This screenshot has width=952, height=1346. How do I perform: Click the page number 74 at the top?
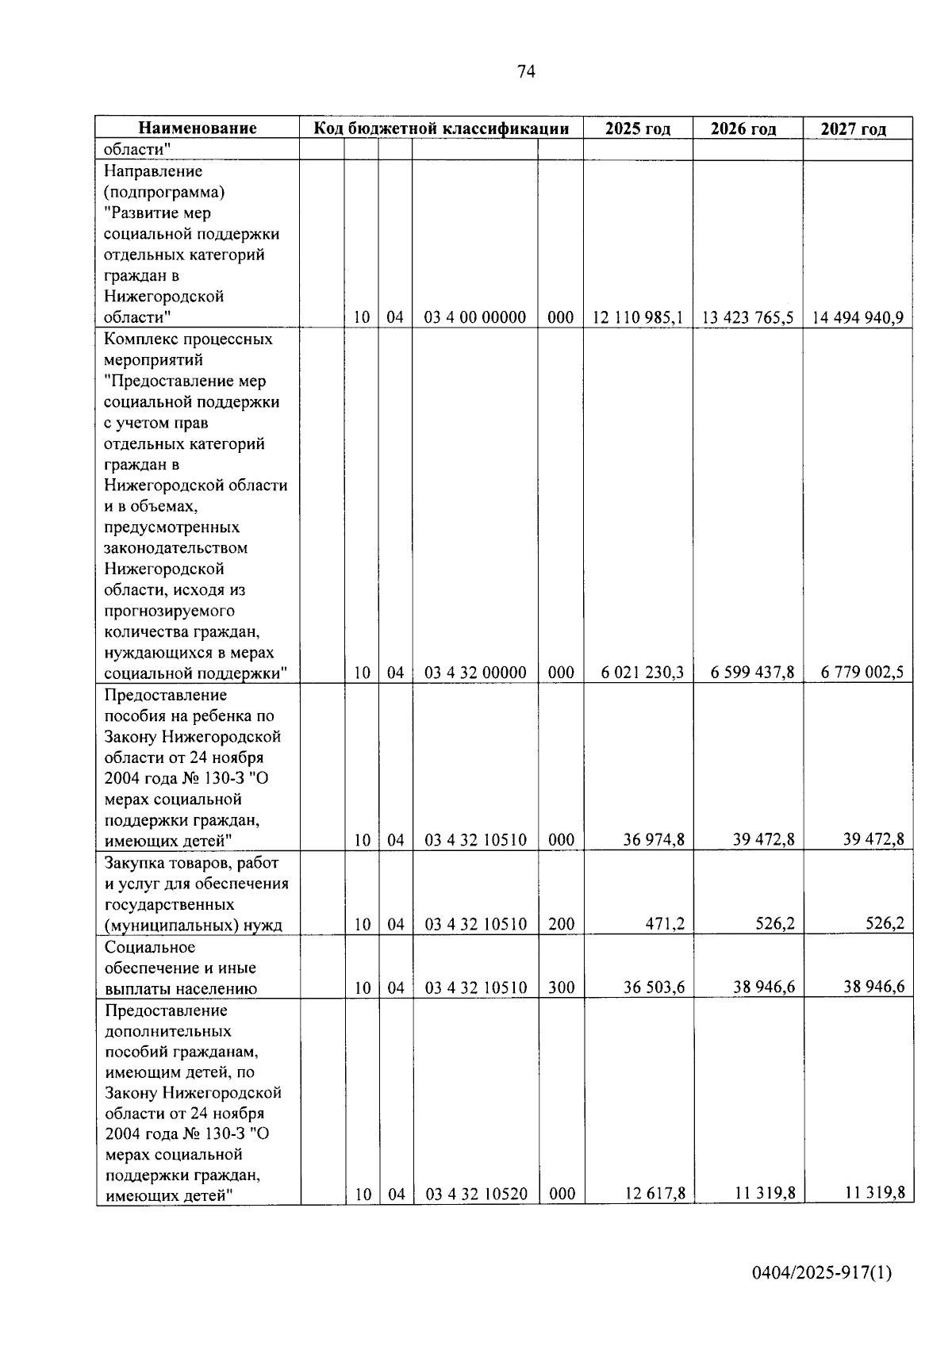pos(526,72)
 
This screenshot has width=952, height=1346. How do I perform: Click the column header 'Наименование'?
pos(198,128)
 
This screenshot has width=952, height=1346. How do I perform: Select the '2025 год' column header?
pos(638,128)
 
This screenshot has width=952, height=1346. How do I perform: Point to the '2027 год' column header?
pos(854,128)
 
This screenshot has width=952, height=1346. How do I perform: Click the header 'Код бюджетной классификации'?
pos(441,128)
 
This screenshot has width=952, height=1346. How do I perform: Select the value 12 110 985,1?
pos(638,318)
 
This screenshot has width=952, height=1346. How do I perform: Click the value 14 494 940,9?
pos(858,318)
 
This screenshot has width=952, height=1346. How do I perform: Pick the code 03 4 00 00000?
pos(475,318)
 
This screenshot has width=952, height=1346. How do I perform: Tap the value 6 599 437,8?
pos(752,673)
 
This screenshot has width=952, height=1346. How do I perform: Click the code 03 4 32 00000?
pos(475,673)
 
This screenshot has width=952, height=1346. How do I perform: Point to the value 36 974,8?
pos(654,839)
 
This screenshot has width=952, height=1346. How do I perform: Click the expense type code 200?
pos(561,924)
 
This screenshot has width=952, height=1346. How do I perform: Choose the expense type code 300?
pos(561,987)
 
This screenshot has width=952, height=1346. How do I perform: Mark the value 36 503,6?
pos(654,987)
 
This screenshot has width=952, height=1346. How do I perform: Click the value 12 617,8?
pos(654,1193)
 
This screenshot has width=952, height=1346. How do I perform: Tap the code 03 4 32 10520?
pos(476,1194)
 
